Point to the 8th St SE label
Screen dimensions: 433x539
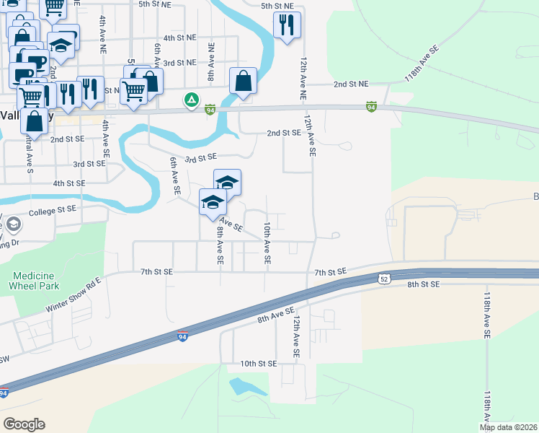coord(423,284)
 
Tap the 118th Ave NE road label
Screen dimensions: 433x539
coord(422,65)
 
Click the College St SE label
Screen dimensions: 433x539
coord(52,210)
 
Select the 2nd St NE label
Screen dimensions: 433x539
coord(351,84)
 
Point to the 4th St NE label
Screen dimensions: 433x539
coord(179,37)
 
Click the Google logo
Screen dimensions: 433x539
coord(24,424)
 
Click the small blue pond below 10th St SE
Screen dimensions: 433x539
coord(241,387)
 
